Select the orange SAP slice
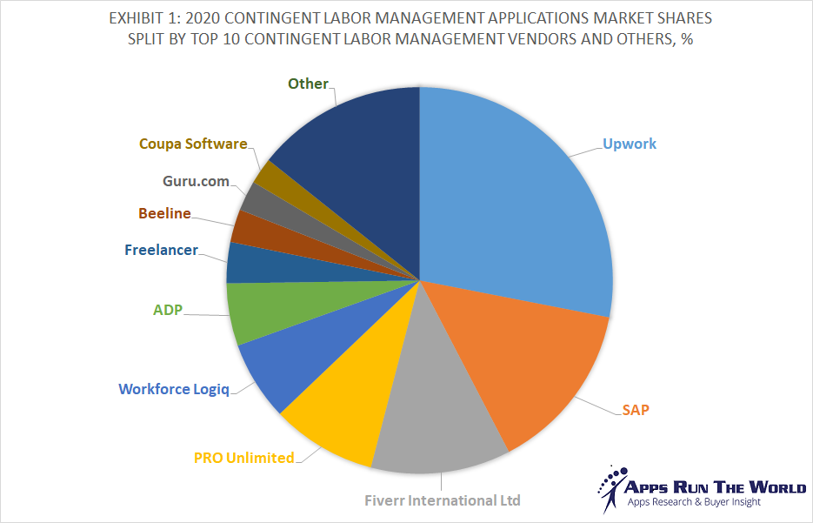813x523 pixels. [x=522, y=365]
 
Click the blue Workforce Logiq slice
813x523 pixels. [x=278, y=365]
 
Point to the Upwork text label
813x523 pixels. [x=630, y=144]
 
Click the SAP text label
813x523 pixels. [x=635, y=409]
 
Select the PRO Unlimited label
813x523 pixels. [x=243, y=458]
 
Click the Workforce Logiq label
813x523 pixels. [x=174, y=389]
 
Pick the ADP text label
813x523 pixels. [x=168, y=309]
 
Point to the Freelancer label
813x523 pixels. [x=161, y=250]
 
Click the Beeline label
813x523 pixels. [x=164, y=213]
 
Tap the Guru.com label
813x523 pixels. [x=196, y=181]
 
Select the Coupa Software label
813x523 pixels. [x=193, y=144]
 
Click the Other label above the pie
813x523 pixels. [x=308, y=84]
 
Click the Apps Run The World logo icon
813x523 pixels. [x=611, y=487]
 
